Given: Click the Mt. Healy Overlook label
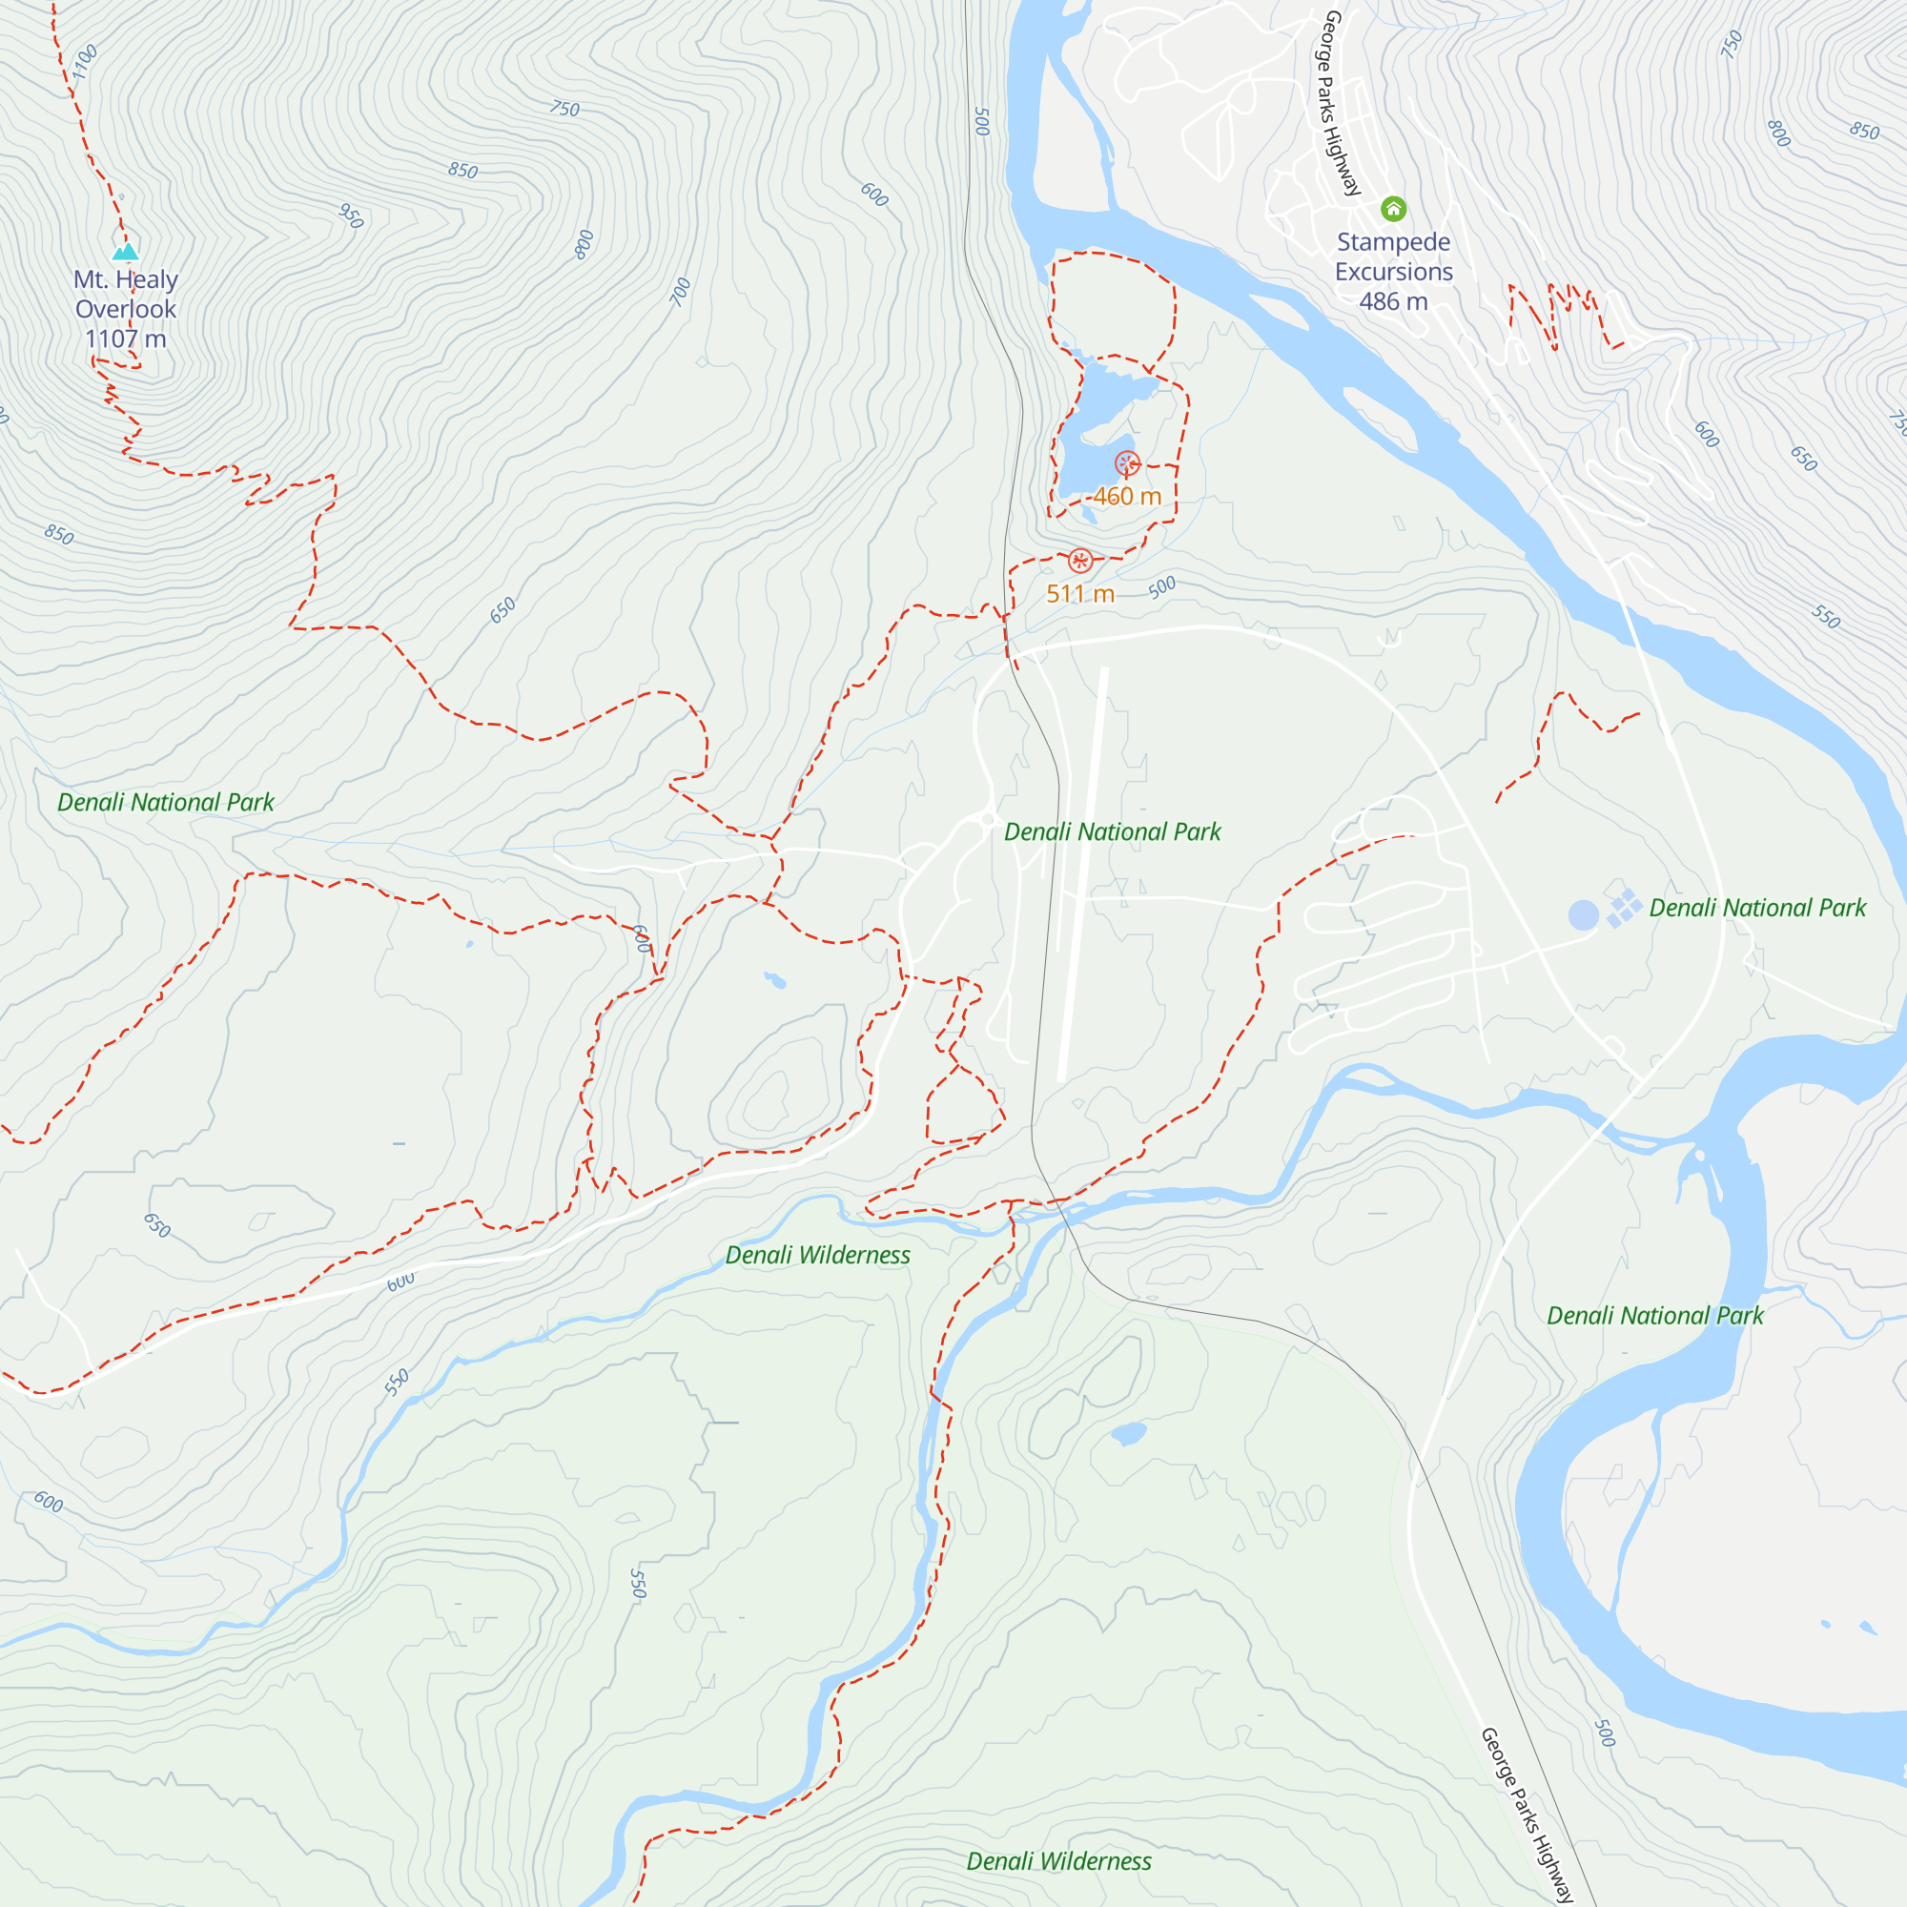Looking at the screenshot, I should [x=125, y=294].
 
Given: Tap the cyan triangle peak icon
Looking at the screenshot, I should [x=125, y=252].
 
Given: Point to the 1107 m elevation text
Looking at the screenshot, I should [x=125, y=339].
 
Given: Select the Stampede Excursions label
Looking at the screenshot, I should [x=1394, y=256].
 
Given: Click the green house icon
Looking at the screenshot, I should [x=1393, y=208].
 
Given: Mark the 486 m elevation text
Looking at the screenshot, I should [x=1394, y=302].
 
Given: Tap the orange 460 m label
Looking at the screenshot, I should [x=1127, y=497].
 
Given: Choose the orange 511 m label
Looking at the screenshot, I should [x=1080, y=594].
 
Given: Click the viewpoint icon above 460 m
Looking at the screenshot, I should [x=1127, y=463].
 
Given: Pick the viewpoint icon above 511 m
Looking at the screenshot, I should [x=1080, y=561].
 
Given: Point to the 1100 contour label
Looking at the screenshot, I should [x=86, y=61].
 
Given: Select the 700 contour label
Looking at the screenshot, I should [x=681, y=292].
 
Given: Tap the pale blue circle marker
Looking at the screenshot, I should [x=1583, y=915].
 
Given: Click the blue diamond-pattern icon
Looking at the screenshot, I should [x=1624, y=907].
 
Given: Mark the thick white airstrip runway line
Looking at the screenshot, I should [x=1083, y=873].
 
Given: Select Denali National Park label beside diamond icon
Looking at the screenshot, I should [x=1757, y=908].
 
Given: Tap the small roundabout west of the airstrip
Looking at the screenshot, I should [x=988, y=819].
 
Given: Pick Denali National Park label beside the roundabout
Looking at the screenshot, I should [x=1113, y=832].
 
